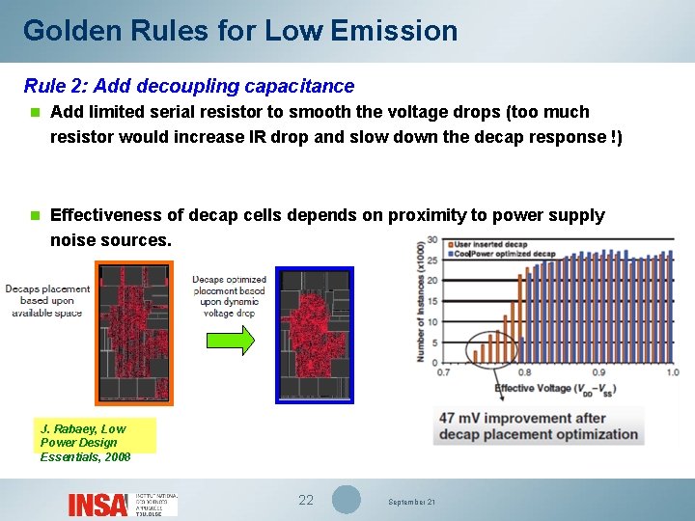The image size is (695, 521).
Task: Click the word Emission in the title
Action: [x=394, y=31]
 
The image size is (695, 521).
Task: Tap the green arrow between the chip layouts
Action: [x=232, y=340]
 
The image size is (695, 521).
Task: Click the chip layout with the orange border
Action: [x=135, y=332]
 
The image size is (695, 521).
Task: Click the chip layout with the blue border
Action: [x=315, y=334]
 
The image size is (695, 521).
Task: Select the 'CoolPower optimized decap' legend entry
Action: [x=501, y=254]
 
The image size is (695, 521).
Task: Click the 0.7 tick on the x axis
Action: [x=444, y=372]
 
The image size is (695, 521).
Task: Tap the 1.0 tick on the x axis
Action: [x=672, y=372]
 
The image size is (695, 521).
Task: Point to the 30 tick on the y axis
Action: [x=431, y=240]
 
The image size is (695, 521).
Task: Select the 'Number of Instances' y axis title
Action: [x=420, y=301]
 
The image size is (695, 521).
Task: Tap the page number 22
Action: [x=306, y=500]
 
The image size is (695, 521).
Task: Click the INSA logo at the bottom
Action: [x=97, y=504]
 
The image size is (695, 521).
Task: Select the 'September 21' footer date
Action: [x=411, y=503]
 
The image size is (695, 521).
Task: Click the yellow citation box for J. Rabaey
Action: [x=96, y=436]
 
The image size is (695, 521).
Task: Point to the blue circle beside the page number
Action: [x=347, y=500]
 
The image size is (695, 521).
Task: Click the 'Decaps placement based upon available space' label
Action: [x=48, y=300]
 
